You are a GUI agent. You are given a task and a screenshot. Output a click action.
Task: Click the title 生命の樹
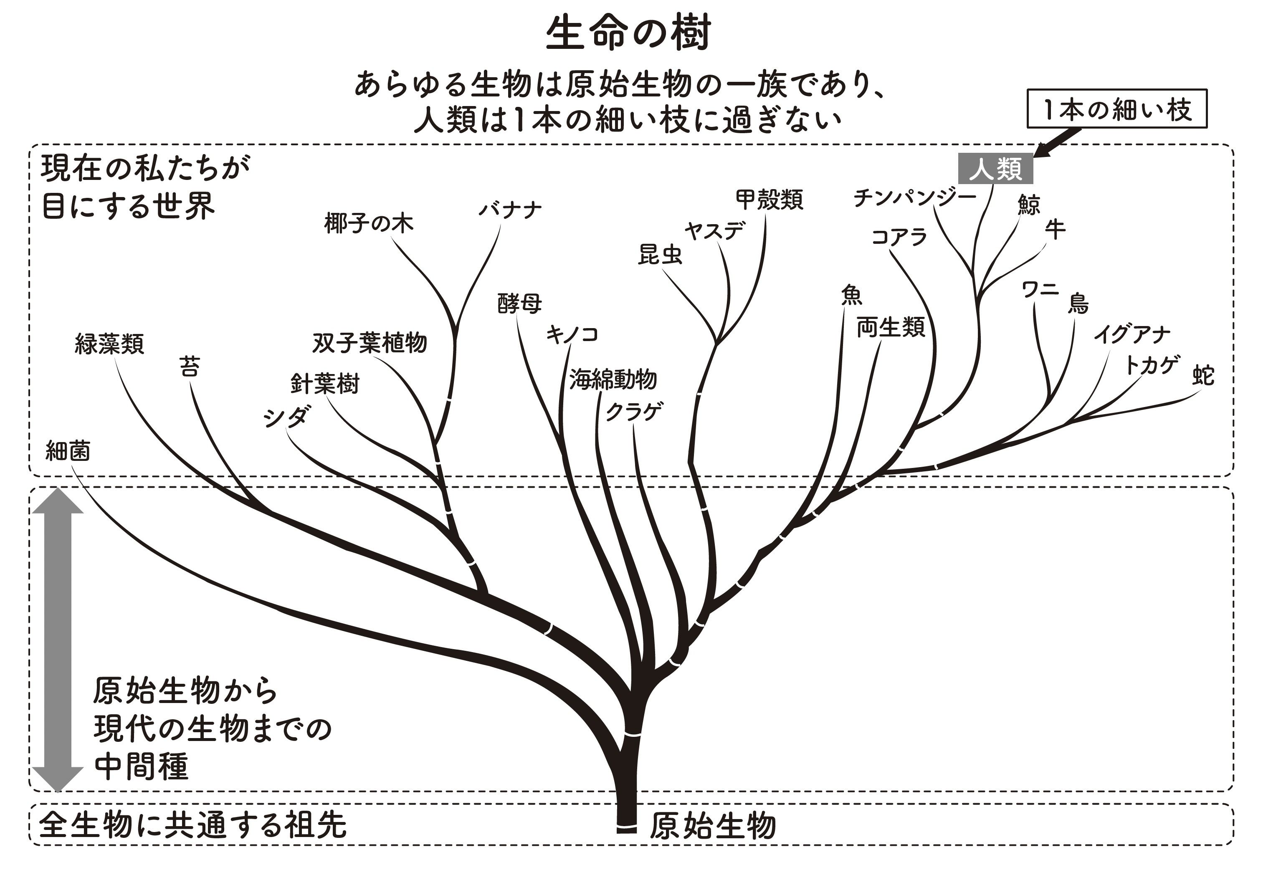[628, 33]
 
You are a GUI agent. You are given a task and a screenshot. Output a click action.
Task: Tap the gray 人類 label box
[995, 169]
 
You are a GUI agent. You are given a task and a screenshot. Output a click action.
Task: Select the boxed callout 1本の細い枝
[1116, 109]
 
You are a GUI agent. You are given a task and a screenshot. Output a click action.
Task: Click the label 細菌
[68, 451]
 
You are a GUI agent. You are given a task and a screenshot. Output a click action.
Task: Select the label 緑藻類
[109, 344]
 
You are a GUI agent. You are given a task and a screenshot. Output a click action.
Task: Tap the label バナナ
[510, 210]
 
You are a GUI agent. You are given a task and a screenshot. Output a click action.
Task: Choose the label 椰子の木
[369, 223]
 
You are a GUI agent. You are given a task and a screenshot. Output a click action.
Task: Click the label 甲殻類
[769, 200]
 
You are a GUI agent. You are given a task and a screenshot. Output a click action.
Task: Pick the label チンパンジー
[914, 197]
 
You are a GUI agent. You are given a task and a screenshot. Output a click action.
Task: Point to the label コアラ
[899, 237]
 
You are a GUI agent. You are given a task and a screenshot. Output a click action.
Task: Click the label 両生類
[890, 327]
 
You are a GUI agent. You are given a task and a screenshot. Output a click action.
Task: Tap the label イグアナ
[1132, 334]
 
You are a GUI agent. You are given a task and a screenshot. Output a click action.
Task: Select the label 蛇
[1203, 376]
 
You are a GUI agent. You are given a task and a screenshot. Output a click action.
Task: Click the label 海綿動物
[613, 379]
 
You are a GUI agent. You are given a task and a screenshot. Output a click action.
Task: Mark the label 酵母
[519, 303]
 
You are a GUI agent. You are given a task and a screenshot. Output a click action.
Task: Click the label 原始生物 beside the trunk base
[712, 826]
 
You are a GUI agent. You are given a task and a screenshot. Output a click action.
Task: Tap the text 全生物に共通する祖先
[192, 824]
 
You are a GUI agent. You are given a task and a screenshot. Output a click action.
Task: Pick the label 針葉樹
[325, 383]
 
